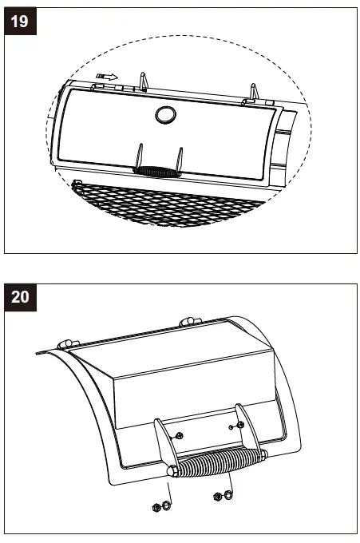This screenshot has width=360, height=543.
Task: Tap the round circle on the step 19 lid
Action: (165, 114)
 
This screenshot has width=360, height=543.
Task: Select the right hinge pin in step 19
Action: (253, 93)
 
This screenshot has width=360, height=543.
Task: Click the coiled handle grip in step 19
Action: (156, 170)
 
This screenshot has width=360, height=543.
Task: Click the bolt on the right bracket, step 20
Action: (239, 423)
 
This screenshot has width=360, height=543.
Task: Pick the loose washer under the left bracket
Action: (166, 505)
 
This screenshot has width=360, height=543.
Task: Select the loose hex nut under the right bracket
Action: (216, 497)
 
